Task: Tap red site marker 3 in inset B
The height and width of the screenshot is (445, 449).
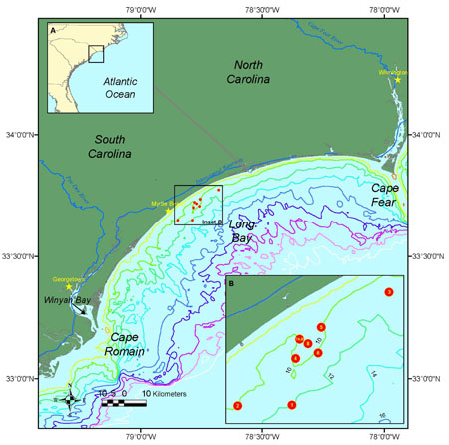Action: point(388,292)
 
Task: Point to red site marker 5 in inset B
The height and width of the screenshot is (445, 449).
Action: point(320,327)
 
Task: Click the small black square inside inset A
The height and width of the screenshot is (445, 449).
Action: point(96,54)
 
